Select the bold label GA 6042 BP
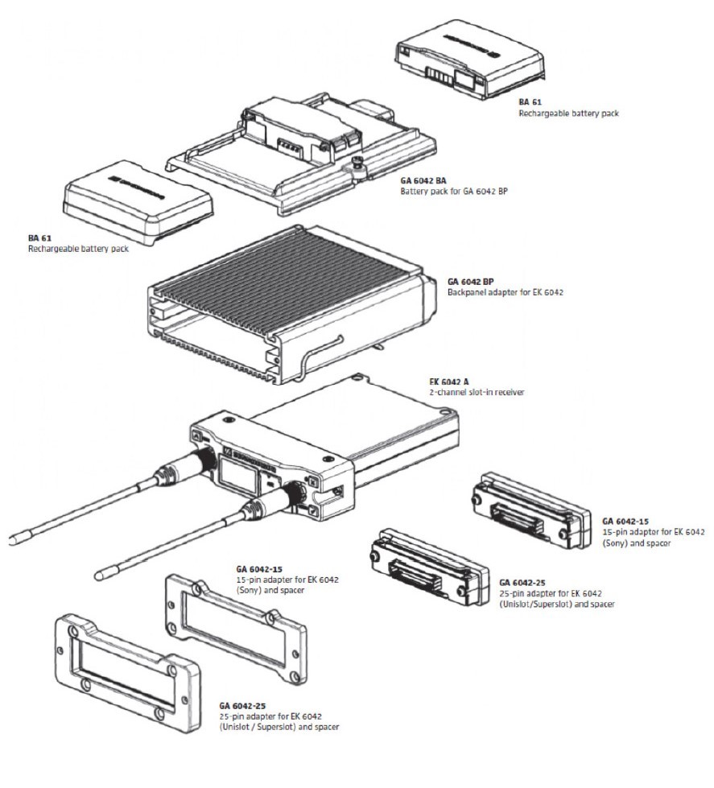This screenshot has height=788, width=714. (470, 282)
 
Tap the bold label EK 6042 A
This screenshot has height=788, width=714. (450, 382)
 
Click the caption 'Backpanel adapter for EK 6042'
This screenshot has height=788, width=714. (505, 291)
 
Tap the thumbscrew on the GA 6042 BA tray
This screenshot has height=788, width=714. (356, 167)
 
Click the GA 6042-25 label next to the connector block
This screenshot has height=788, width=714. (522, 582)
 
